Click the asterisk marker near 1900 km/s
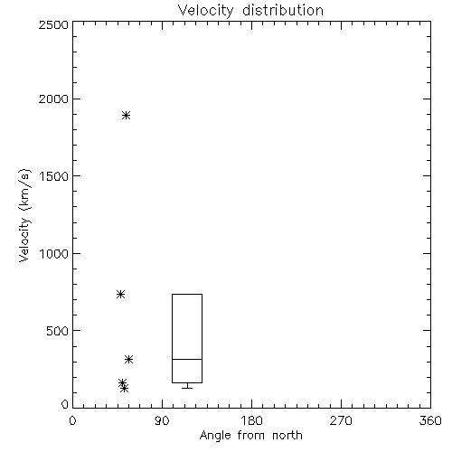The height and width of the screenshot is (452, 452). tap(126, 115)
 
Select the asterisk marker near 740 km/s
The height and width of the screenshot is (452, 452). tap(120, 294)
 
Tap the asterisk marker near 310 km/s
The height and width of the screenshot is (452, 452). tap(129, 359)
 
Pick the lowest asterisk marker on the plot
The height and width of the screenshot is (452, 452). tap(124, 389)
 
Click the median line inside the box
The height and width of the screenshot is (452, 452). tap(187, 359)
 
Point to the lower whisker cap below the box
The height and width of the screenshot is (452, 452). tap(187, 388)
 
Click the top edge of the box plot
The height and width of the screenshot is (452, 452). tap(187, 294)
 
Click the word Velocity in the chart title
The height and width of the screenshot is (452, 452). tap(206, 11)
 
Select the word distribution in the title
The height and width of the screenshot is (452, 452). tap(283, 10)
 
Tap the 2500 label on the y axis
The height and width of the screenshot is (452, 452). tap(53, 24)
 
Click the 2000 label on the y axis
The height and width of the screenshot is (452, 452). tap(53, 99)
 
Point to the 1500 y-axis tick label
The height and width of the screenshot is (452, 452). tap(54, 176)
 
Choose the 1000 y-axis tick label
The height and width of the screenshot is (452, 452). tap(54, 253)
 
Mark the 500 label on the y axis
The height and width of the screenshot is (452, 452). tap(58, 331)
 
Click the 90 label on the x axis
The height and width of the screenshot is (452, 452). tap(162, 420)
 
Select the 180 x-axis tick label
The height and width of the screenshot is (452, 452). tap(251, 420)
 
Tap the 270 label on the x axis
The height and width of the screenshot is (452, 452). tap(341, 420)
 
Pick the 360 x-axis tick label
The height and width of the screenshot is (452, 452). tap(430, 420)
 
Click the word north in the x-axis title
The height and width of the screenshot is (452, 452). tap(287, 436)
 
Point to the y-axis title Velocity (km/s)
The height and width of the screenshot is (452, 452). tap(24, 215)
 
